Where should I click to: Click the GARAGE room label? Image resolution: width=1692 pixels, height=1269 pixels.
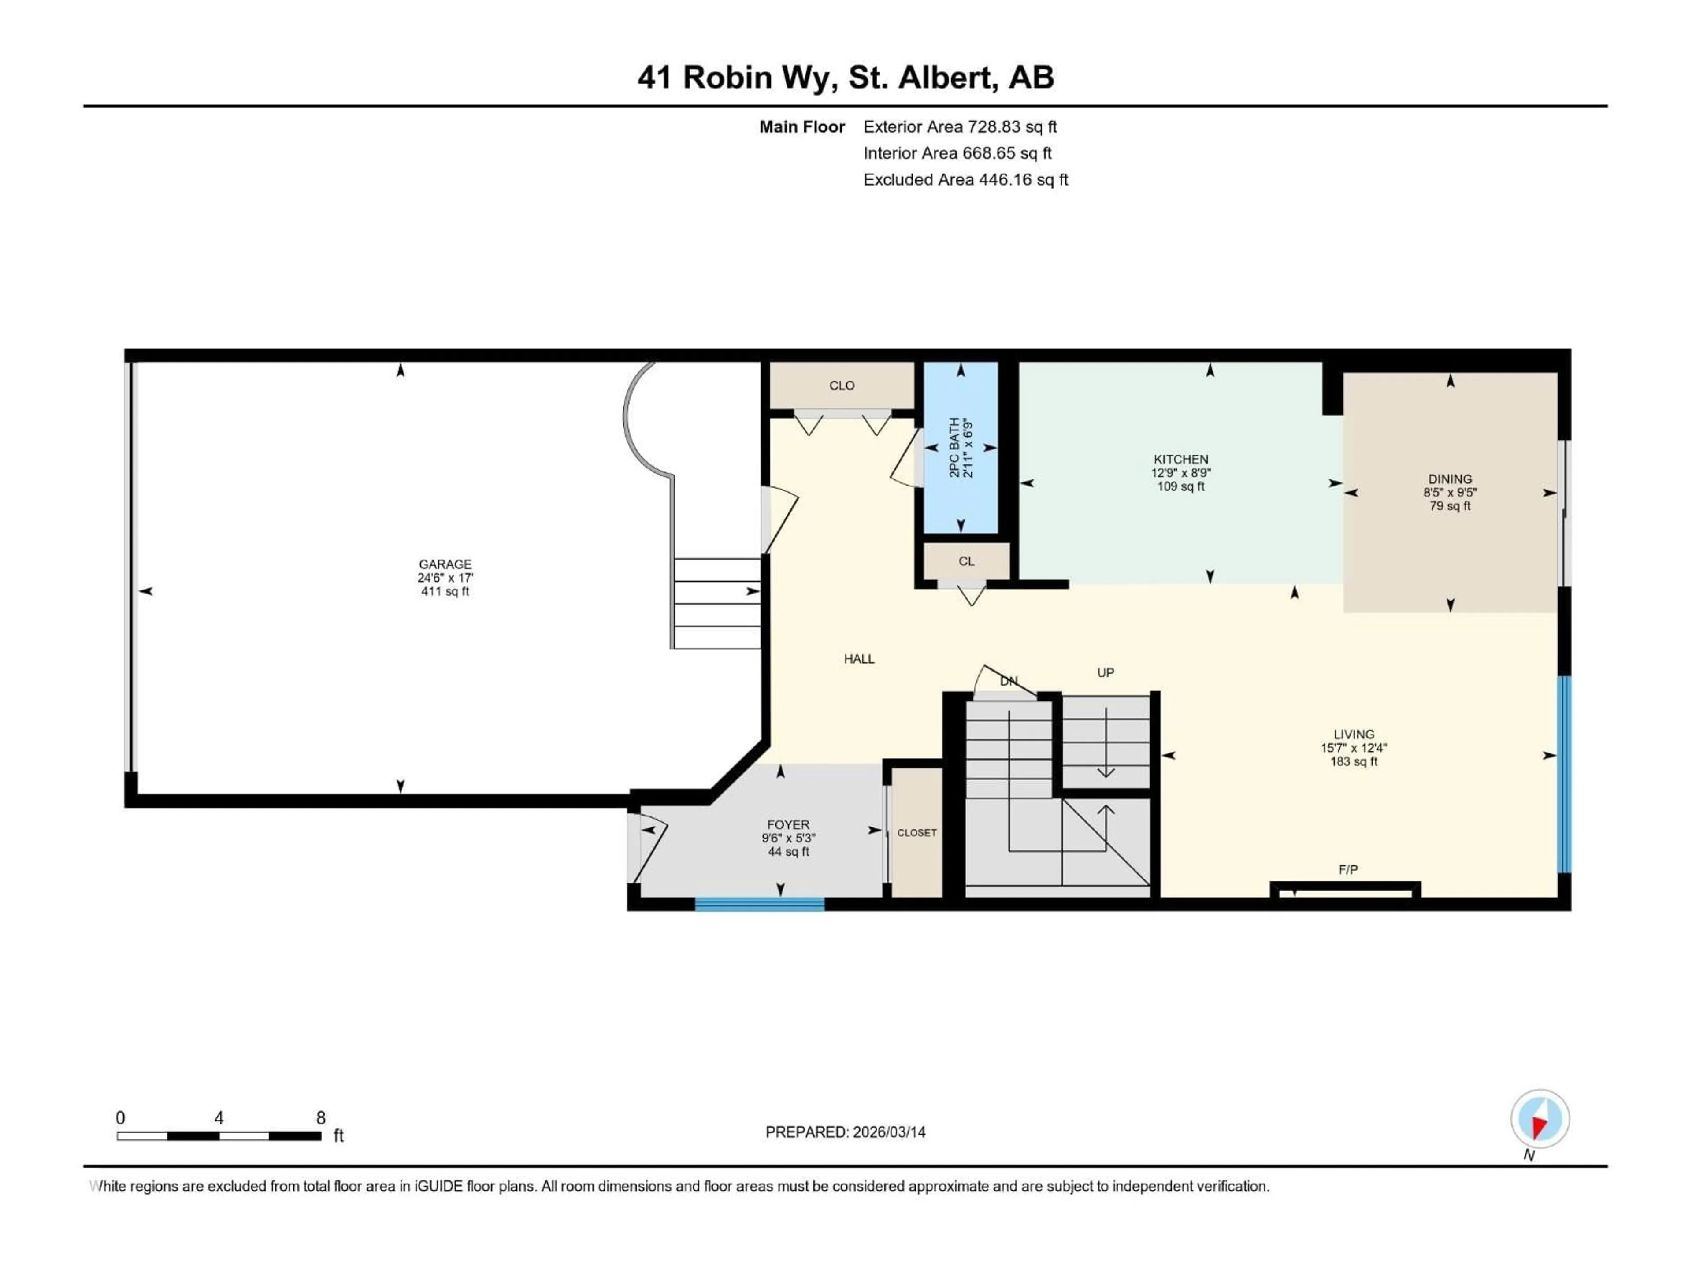click(445, 564)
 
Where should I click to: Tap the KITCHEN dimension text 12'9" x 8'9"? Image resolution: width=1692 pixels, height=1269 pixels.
click(1180, 473)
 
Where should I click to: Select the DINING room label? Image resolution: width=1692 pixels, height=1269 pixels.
click(1450, 479)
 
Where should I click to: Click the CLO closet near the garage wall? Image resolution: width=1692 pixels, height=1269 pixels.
click(842, 386)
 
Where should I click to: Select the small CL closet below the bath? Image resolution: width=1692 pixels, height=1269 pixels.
click(966, 560)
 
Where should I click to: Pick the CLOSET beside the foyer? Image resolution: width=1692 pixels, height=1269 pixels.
click(916, 832)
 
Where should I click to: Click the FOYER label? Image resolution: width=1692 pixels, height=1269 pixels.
click(788, 824)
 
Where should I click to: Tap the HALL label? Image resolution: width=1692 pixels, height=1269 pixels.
click(859, 659)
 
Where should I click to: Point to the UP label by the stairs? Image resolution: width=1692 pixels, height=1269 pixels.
click(1105, 672)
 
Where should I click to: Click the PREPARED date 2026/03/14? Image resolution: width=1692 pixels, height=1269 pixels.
click(845, 1132)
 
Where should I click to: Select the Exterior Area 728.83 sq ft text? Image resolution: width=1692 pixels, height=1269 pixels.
click(960, 127)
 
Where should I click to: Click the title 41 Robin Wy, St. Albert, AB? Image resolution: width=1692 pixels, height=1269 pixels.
click(845, 77)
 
